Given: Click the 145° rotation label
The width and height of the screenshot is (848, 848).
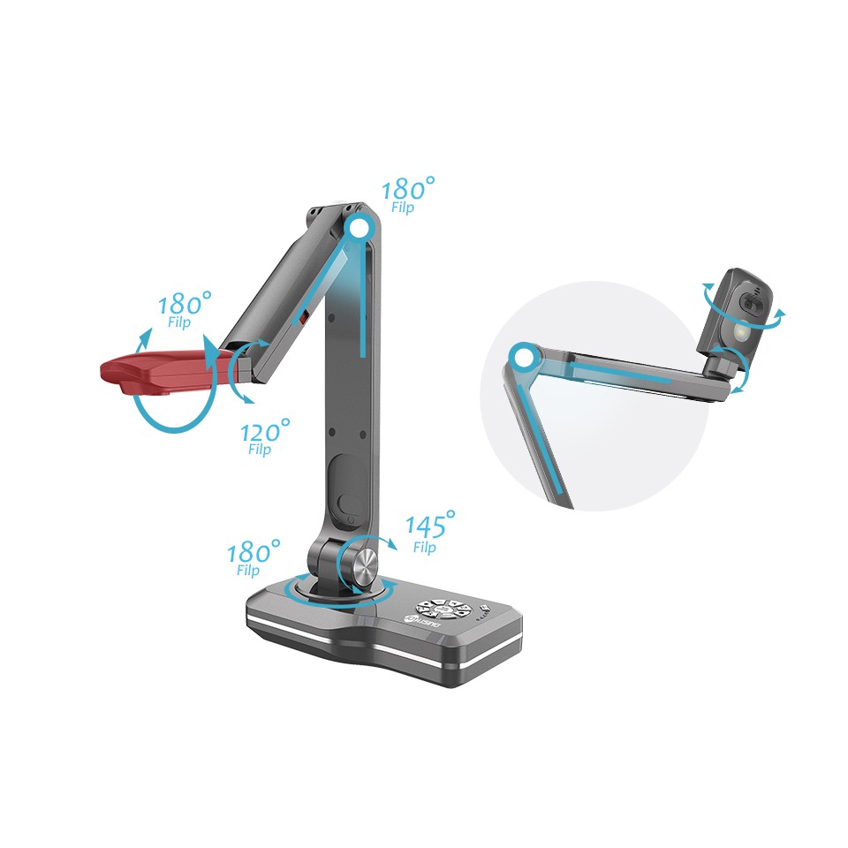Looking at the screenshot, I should tap(428, 526).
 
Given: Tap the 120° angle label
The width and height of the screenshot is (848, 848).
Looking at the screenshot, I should tap(264, 433).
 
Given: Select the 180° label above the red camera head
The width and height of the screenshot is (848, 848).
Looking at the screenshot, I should tap(183, 305).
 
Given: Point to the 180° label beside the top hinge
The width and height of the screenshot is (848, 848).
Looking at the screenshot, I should tap(406, 189).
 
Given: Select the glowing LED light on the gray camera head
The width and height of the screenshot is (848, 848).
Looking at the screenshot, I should tap(740, 331).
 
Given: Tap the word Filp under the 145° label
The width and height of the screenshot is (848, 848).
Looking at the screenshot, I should tap(424, 548).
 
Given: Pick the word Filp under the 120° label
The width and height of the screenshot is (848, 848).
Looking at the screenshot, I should tap(260, 450).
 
